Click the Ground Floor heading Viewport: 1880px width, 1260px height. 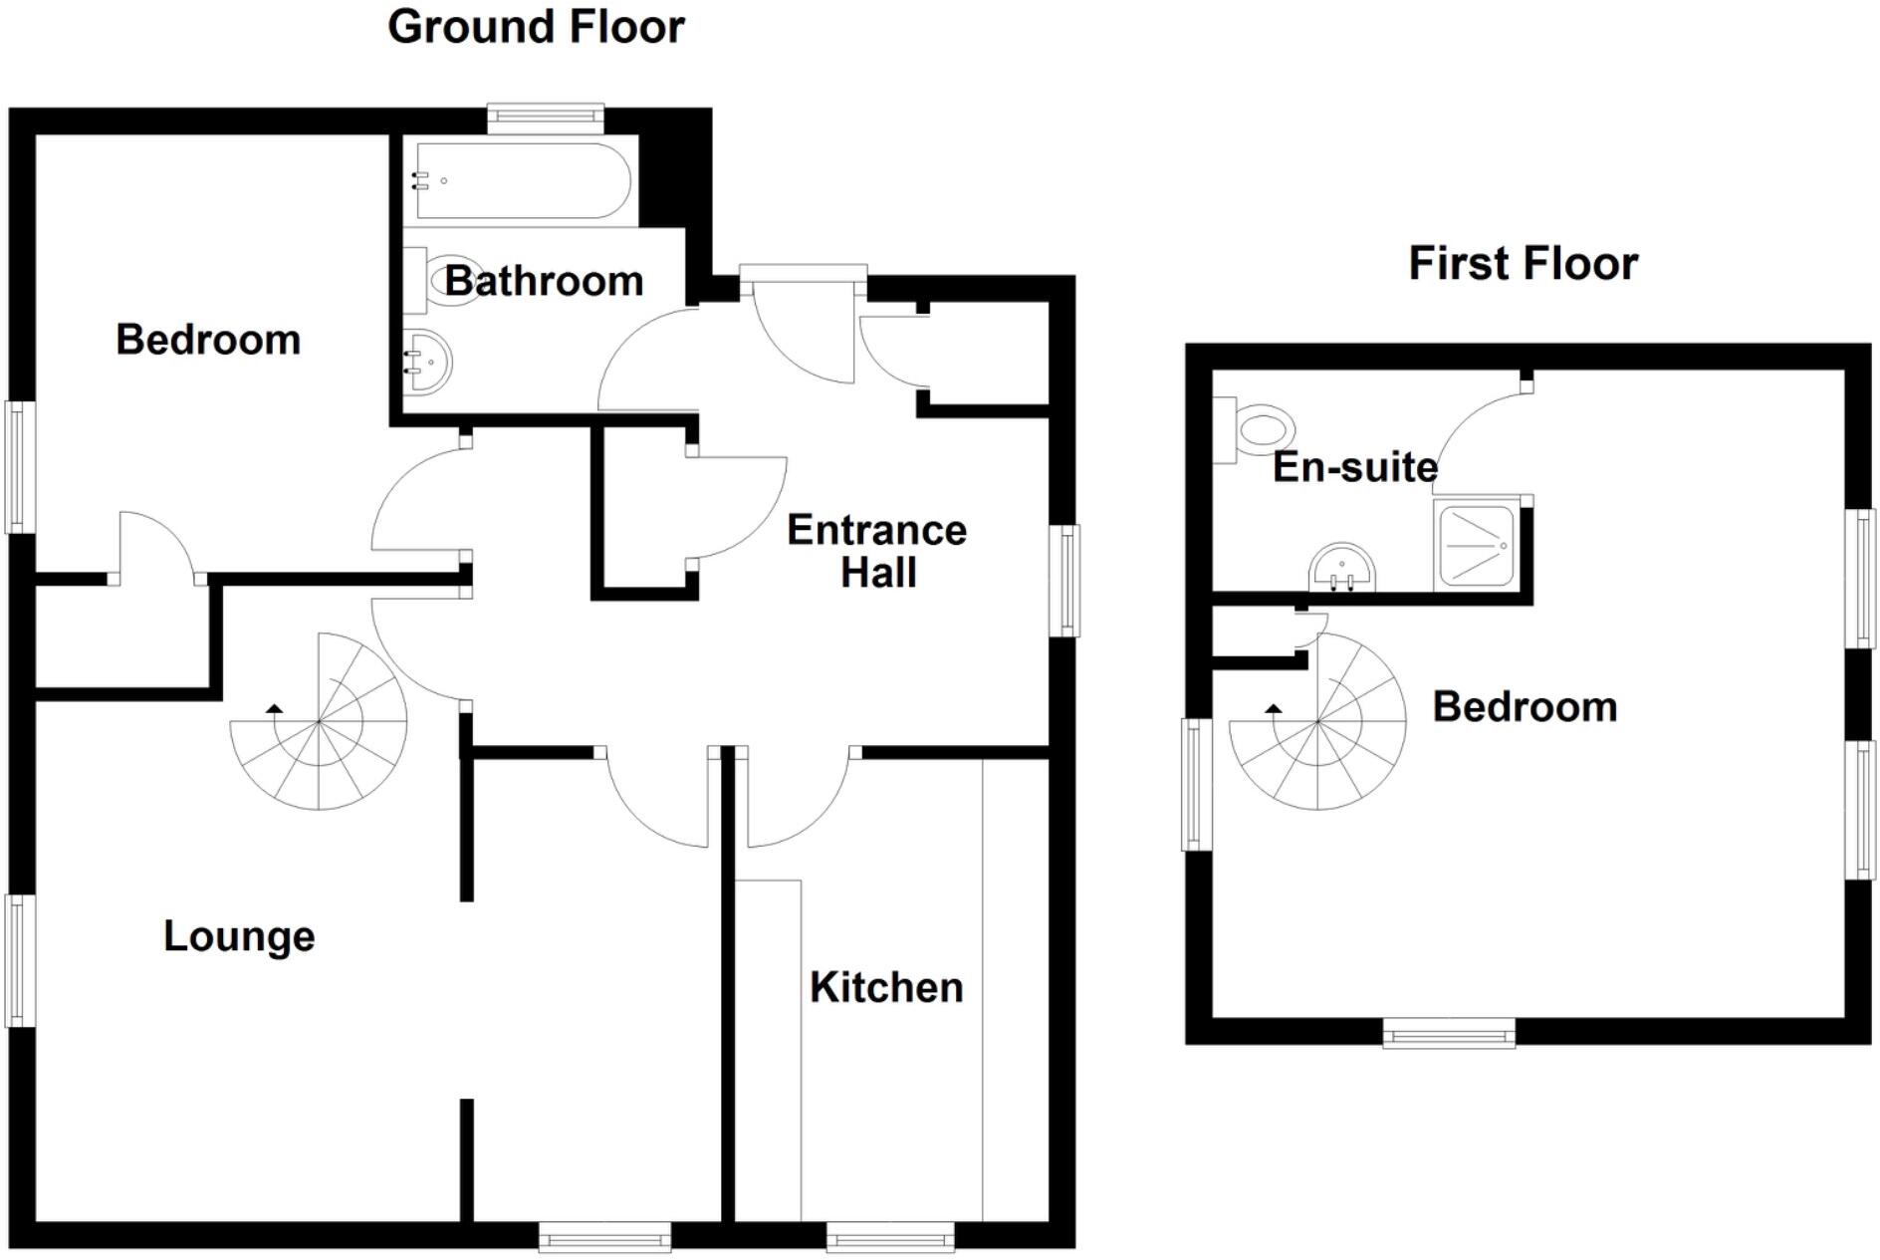coord(536,27)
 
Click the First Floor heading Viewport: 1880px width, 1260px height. coord(1523,264)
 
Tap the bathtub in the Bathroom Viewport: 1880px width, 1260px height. coord(522,181)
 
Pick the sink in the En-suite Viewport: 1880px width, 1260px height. coord(1341,569)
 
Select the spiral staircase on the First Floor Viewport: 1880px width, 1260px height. coord(1317,721)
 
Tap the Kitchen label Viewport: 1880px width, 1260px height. coord(886,988)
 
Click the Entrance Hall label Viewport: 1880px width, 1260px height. coord(876,551)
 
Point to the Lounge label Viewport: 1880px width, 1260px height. coord(239,936)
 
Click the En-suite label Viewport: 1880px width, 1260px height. coord(1354,467)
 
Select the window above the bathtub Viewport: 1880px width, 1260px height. coord(545,119)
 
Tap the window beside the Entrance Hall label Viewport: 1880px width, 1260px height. coord(1065,581)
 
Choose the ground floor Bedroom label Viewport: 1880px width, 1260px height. coord(208,340)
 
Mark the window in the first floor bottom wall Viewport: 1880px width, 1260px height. coord(1449,1034)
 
